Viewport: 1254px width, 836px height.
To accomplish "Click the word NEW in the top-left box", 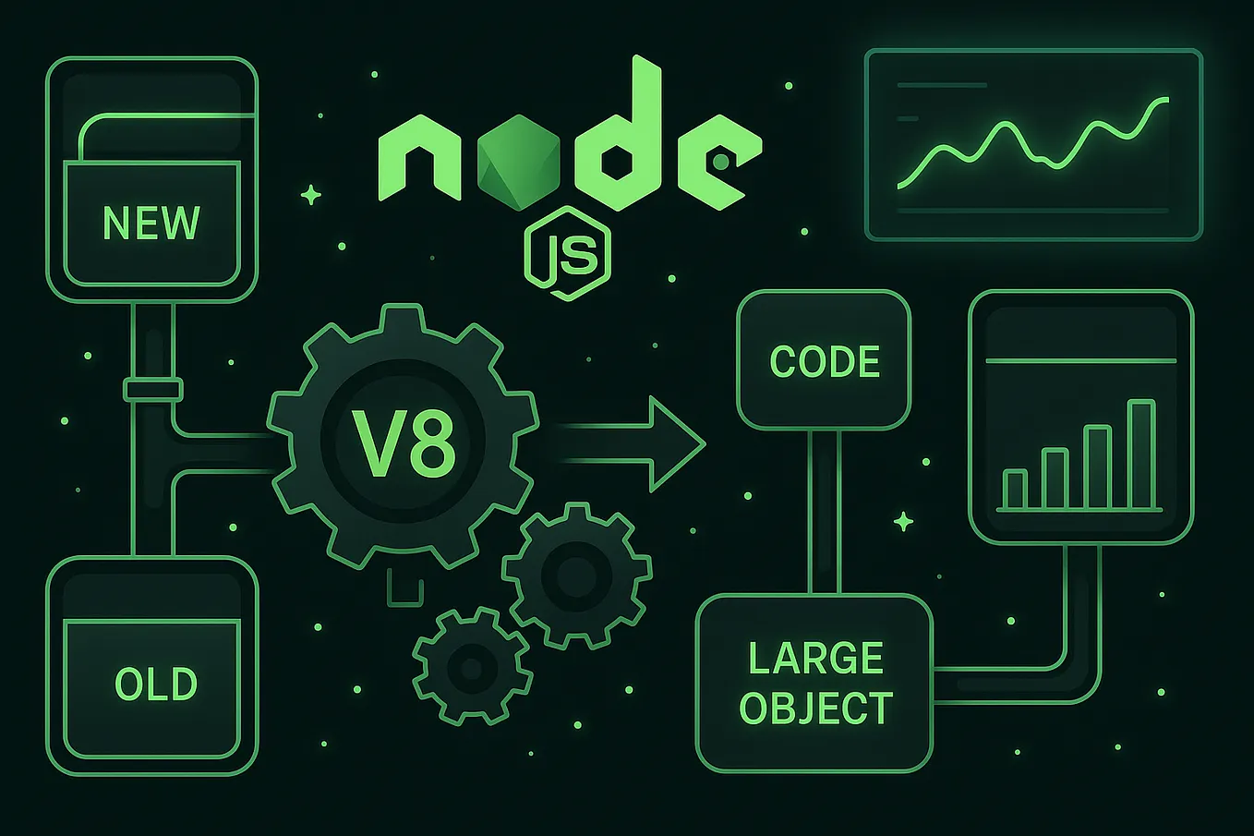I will pos(151,223).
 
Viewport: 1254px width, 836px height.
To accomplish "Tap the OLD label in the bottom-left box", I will pos(155,685).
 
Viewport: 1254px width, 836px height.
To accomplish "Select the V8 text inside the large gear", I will pos(404,444).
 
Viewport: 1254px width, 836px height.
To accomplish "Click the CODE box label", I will pos(825,361).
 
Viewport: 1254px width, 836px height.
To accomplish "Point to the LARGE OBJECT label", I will pos(815,684).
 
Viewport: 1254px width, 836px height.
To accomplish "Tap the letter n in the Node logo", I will pos(420,162).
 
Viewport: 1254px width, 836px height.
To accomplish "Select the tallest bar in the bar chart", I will pos(1141,454).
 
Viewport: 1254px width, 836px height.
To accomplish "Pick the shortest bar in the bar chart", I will pos(1015,490).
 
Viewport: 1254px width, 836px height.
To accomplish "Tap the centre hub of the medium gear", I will pos(576,576).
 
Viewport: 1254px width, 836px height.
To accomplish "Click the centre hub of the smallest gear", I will pos(471,666).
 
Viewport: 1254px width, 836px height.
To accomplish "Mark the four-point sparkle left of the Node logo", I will pos(311,195).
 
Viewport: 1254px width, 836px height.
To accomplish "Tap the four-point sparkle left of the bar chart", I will pos(904,522).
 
